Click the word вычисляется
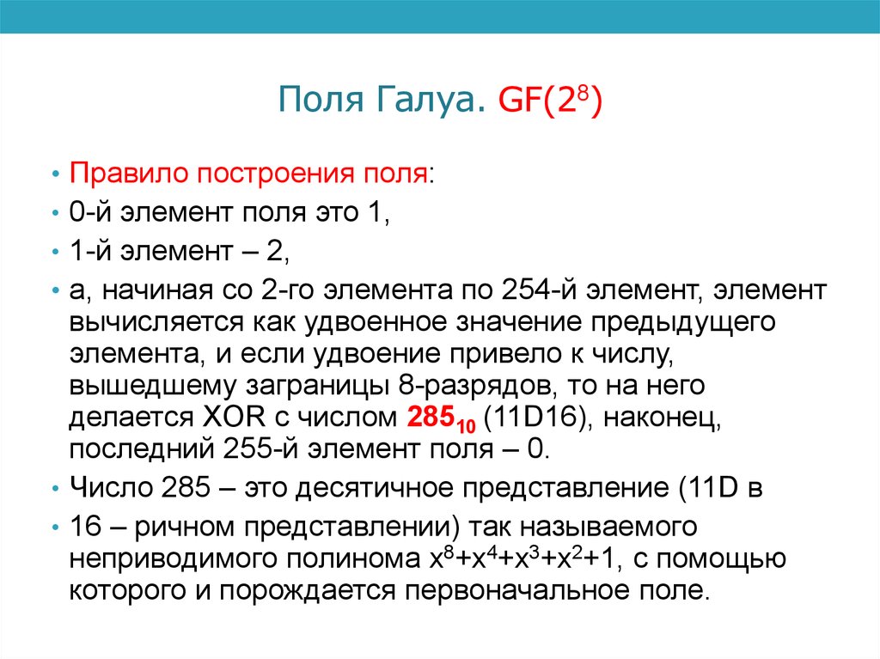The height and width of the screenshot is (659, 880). coord(153,322)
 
